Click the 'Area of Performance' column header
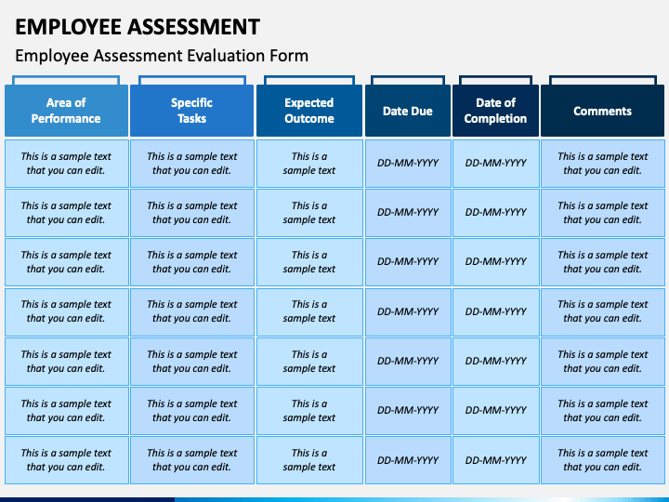click(66, 111)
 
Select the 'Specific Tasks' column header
click(192, 111)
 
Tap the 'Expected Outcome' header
click(309, 111)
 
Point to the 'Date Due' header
click(408, 111)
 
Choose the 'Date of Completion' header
click(495, 111)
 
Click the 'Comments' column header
click(602, 111)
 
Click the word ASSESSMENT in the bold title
click(193, 26)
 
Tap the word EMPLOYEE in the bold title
click(69, 26)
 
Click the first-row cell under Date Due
click(408, 164)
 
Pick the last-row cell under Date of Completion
click(496, 460)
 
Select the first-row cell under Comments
click(602, 164)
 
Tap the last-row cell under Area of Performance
click(67, 460)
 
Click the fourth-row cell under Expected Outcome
click(309, 311)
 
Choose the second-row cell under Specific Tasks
click(192, 213)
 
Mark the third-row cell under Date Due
click(408, 261)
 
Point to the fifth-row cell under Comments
click(602, 361)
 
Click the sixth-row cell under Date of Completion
click(496, 411)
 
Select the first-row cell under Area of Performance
click(67, 164)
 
